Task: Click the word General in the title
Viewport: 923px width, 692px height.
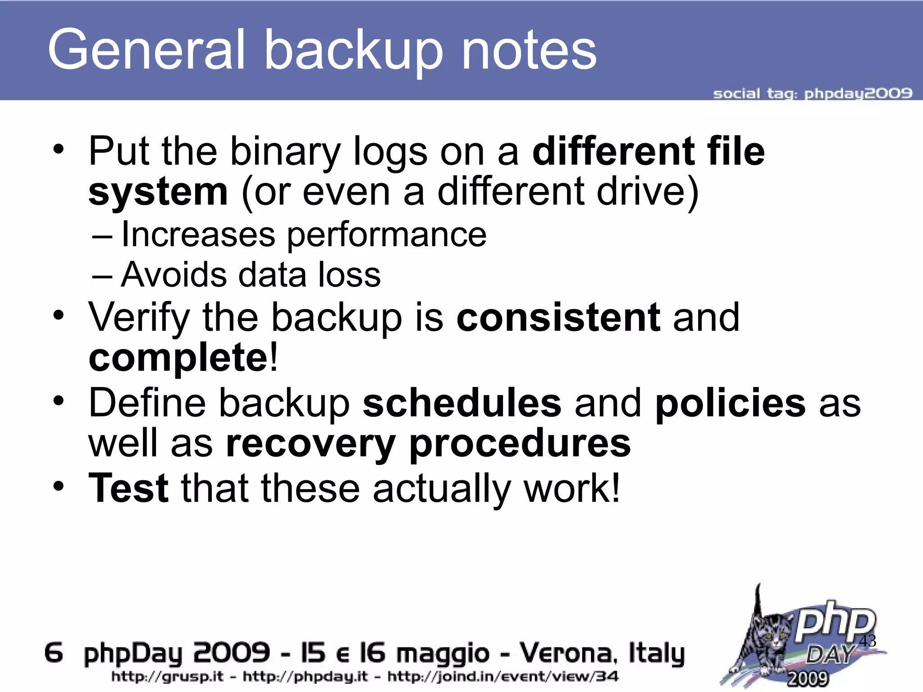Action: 146,50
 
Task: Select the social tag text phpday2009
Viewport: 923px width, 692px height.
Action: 858,93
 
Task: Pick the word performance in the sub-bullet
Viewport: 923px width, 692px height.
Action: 387,235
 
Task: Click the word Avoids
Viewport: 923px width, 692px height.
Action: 174,274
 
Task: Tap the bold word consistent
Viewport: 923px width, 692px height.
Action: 558,317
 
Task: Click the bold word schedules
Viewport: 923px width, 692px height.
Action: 462,402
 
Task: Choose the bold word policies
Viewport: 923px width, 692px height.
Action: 730,402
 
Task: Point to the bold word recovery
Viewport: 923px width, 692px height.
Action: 311,443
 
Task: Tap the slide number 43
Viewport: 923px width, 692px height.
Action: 868,641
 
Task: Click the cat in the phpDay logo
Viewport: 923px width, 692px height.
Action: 766,640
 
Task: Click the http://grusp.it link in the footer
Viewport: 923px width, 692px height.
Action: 167,676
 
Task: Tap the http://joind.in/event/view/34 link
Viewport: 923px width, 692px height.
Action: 503,676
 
